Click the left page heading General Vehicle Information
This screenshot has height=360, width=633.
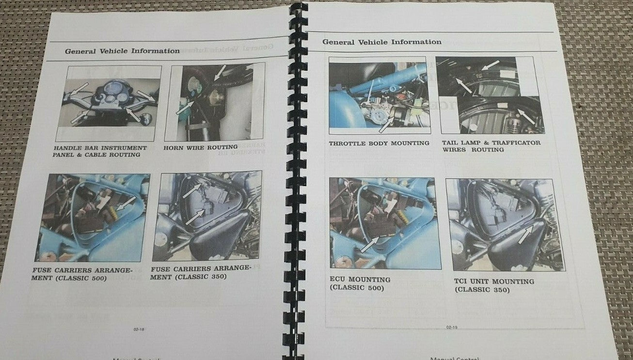pyautogui.click(x=122, y=51)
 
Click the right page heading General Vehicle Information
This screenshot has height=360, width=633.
pyautogui.click(x=382, y=42)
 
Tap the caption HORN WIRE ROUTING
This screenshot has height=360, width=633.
pyautogui.click(x=200, y=147)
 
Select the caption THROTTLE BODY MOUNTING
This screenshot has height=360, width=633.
pyautogui.click(x=379, y=143)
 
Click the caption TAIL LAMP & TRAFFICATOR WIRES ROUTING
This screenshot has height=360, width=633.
pyautogui.click(x=491, y=146)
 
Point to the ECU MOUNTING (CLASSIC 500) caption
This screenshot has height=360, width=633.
pyautogui.click(x=360, y=283)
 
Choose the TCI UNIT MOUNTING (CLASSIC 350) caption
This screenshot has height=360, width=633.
pyautogui.click(x=494, y=285)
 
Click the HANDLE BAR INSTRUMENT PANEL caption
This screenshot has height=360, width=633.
pyautogui.click(x=100, y=151)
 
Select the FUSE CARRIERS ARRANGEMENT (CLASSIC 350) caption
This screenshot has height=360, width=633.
pyautogui.click(x=200, y=272)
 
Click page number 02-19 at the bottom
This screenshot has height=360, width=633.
pyautogui.click(x=451, y=327)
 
